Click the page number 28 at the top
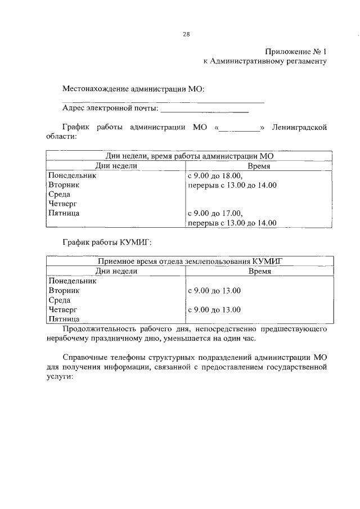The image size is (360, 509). (x=186, y=34)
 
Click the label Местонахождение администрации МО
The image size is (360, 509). (x=133, y=89)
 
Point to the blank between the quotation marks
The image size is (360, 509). (x=238, y=128)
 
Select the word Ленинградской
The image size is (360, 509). (x=299, y=127)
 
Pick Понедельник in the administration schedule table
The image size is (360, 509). (x=72, y=175)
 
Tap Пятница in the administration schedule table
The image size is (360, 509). (x=64, y=213)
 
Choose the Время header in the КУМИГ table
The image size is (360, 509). (x=259, y=271)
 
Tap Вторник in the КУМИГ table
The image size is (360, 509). (x=64, y=290)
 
